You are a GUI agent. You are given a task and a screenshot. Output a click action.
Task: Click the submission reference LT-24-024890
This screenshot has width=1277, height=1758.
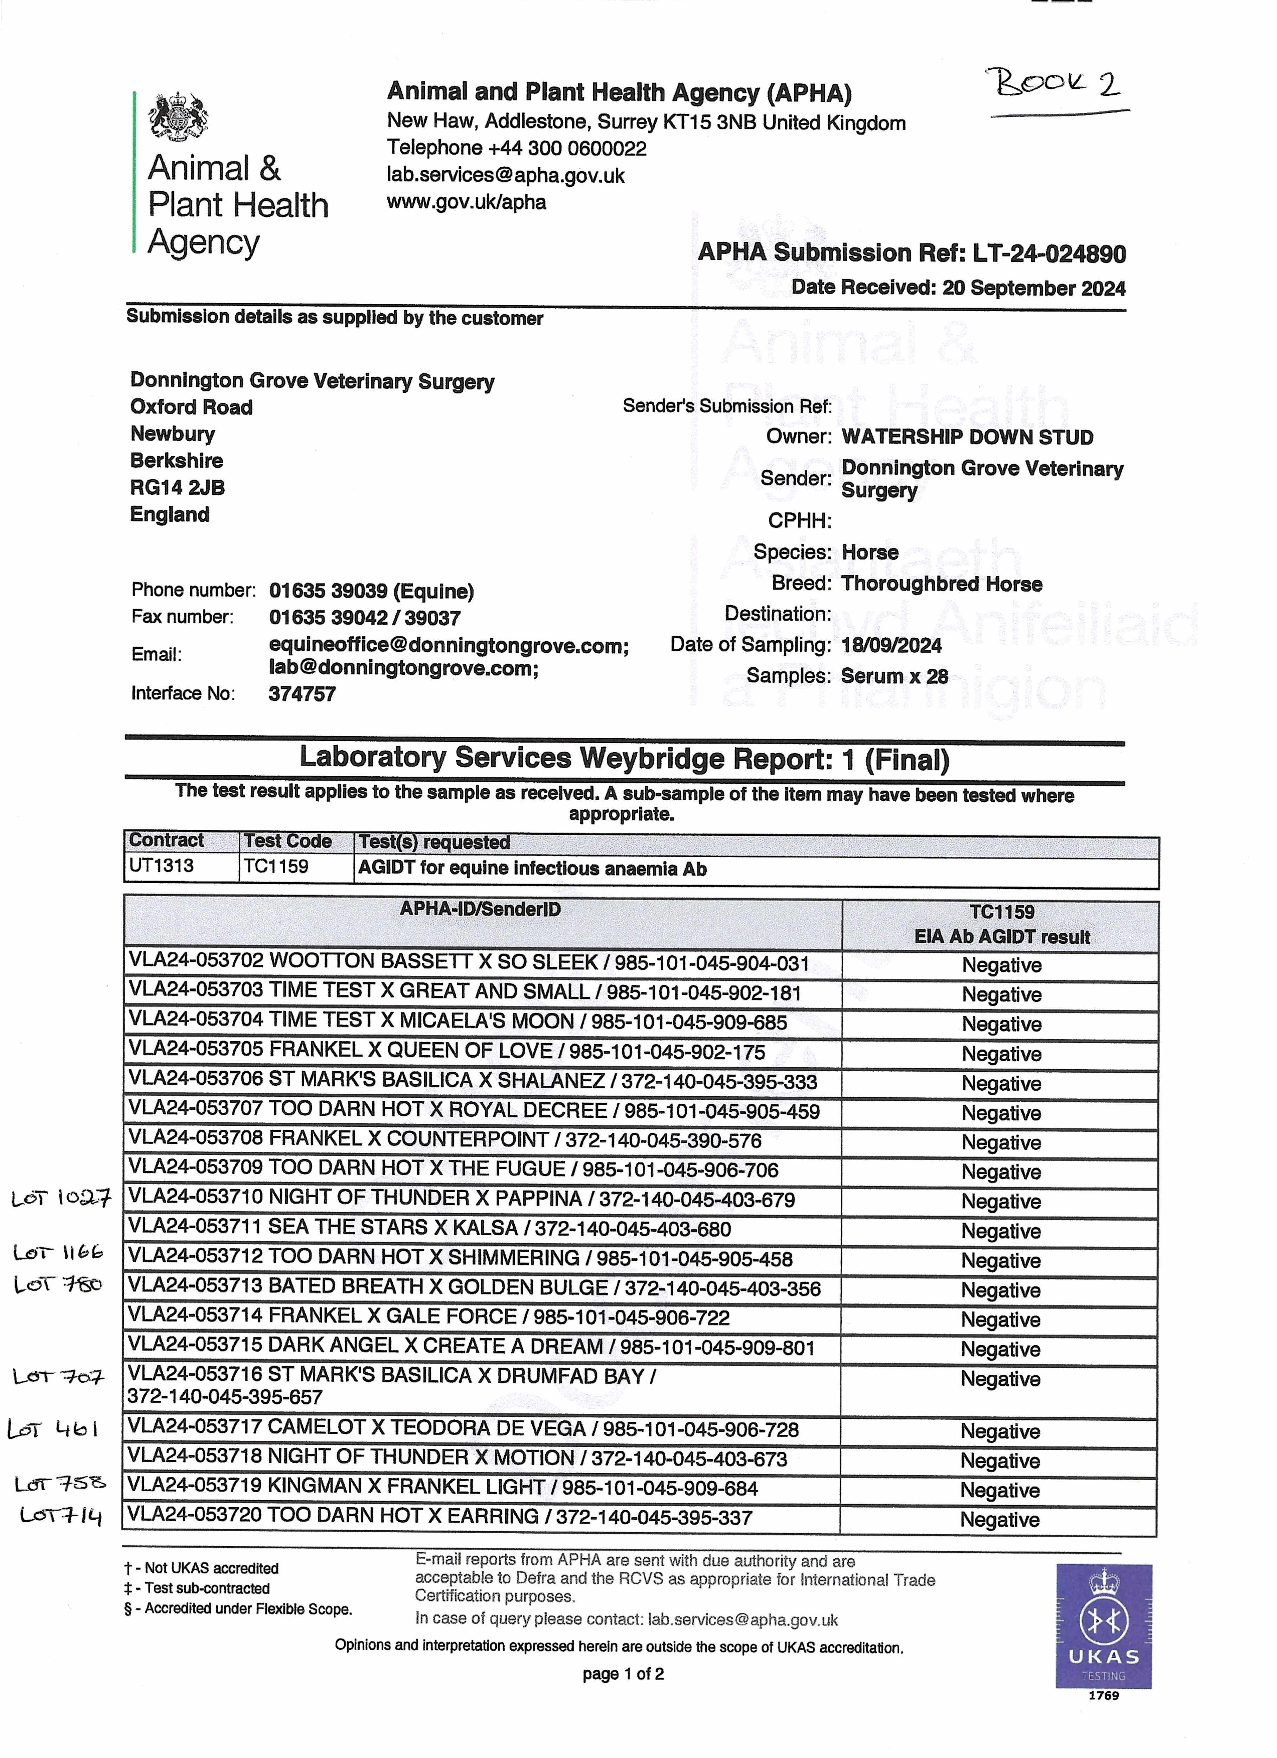(x=1049, y=254)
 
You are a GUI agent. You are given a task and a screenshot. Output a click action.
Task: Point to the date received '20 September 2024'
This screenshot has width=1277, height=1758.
(x=1034, y=288)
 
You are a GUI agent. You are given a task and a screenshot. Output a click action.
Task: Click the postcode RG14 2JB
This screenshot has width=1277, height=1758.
(x=178, y=488)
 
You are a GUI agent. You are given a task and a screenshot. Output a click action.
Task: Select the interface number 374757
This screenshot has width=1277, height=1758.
(x=302, y=694)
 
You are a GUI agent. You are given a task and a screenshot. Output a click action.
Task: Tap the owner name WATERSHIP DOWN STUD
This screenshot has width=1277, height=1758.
(x=967, y=437)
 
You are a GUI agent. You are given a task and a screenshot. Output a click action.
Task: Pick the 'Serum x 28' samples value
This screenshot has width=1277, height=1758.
(x=894, y=676)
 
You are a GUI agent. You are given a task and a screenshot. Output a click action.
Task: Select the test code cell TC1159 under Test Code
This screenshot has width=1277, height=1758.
(x=276, y=867)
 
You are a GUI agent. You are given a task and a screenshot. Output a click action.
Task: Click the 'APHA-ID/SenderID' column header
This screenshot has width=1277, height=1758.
(x=480, y=909)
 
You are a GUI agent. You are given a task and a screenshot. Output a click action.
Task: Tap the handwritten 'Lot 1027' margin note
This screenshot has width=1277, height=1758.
(x=60, y=1198)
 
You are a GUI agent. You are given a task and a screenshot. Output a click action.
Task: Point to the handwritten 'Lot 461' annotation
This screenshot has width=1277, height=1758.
(x=53, y=1429)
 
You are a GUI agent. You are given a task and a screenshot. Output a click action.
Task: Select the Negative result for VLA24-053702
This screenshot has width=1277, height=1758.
(x=1001, y=965)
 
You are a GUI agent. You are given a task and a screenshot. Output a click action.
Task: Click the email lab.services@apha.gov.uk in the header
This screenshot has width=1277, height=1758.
(x=506, y=175)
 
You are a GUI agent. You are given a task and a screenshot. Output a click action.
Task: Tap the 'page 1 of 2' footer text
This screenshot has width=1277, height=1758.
(x=623, y=1674)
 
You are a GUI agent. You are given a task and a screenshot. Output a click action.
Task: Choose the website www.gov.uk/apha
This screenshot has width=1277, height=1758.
(x=466, y=202)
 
